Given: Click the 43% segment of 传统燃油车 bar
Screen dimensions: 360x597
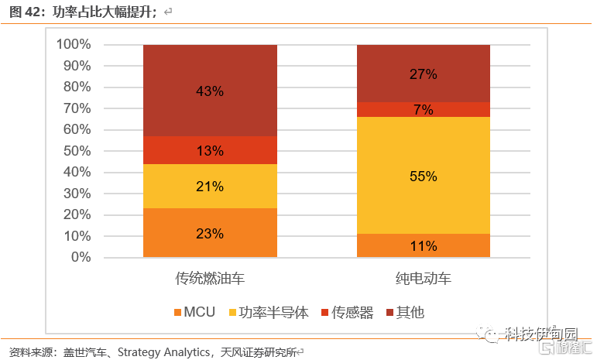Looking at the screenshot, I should click(210, 91).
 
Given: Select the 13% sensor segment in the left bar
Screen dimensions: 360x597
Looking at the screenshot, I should click(210, 150).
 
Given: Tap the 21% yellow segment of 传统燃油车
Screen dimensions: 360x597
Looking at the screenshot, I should click(210, 187).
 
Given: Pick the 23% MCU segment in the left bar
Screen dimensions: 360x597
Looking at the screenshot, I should click(210, 233).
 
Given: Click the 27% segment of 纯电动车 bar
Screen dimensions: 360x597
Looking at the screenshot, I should click(424, 74).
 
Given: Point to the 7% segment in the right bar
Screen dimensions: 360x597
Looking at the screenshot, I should click(424, 110).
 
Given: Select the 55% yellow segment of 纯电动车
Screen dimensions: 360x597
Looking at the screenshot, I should click(424, 176).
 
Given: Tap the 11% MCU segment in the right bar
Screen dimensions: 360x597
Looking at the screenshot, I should click(424, 246).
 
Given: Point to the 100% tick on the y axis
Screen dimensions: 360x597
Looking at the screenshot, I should click(74, 45).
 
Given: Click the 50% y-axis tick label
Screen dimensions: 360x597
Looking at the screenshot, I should click(77, 151).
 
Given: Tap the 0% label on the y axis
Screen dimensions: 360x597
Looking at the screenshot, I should click(80, 257).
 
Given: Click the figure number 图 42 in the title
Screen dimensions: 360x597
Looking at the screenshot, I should click(22, 12).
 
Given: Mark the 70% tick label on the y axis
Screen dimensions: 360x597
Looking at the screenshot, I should click(77, 108).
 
